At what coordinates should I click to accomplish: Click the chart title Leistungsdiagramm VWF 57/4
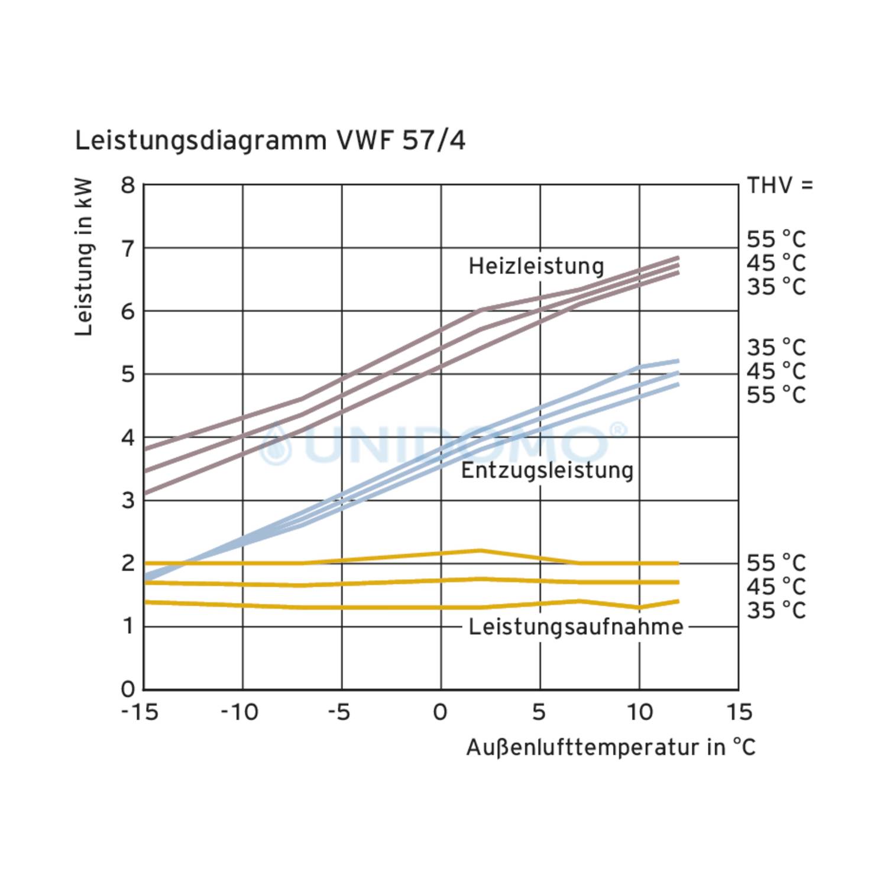point(270,141)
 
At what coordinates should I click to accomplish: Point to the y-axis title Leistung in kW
point(84,257)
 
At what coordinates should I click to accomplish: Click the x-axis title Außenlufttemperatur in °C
point(610,747)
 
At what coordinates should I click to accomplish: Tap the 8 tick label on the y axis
point(128,186)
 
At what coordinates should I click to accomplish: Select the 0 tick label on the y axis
point(128,689)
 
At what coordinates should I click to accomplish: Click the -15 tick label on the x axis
point(140,713)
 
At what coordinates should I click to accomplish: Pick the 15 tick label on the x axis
point(739,713)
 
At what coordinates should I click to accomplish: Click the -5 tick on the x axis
point(340,713)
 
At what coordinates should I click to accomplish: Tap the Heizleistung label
point(536,266)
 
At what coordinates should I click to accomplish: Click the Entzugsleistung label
point(547,471)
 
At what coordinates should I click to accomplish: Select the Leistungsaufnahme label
point(575,627)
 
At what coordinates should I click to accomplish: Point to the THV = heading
point(780,186)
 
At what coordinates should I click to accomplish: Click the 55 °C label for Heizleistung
point(776,239)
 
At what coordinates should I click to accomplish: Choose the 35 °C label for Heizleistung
point(776,287)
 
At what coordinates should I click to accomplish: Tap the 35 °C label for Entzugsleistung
point(776,347)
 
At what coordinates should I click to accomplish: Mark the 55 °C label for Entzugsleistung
point(776,394)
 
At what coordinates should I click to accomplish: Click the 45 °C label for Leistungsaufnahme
point(776,587)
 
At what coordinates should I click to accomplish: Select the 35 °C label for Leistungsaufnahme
point(776,610)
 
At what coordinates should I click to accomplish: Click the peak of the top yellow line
point(480,551)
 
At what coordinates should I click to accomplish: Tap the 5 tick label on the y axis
point(128,374)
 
